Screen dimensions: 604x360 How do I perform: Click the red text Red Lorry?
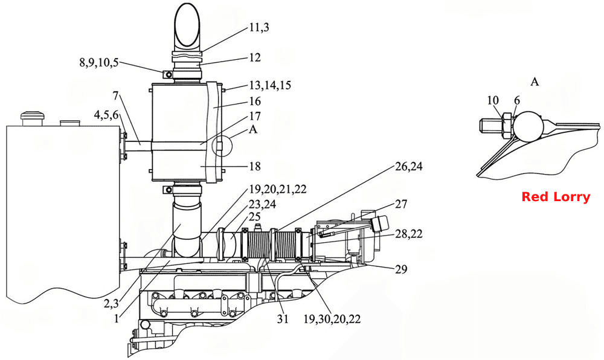(x=556, y=197)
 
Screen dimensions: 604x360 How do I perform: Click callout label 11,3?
(x=259, y=27)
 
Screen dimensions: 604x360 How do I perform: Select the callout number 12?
(x=255, y=57)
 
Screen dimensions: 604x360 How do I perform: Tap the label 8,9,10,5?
(x=99, y=63)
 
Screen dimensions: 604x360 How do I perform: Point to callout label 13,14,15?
(x=270, y=85)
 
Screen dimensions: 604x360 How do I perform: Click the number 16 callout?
(x=255, y=101)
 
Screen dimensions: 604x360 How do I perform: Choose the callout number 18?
(x=255, y=166)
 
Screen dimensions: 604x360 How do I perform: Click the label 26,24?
(x=409, y=166)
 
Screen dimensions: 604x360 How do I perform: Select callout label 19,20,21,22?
(x=278, y=189)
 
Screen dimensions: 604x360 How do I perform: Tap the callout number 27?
(x=401, y=204)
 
